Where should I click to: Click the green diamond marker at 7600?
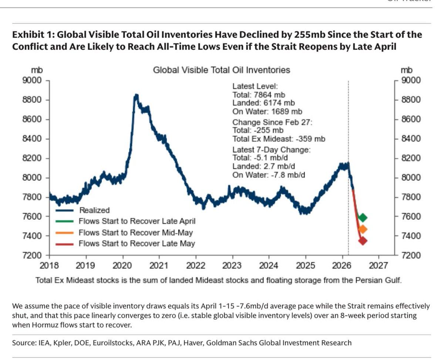coord(363,217)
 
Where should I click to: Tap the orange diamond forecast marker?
coord(363,230)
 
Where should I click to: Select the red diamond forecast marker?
coord(363,241)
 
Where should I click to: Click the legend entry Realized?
coord(94,210)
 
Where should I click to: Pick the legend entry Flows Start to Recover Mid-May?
coord(135,232)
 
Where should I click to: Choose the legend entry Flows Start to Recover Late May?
coord(137,244)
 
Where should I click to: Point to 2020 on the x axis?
coord(122,265)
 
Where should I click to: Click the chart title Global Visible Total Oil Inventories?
coord(221,70)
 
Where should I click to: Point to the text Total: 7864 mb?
coord(259,95)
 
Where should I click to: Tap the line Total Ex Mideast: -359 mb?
coord(279,139)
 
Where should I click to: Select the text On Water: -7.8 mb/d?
coord(269,175)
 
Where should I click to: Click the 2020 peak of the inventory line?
coord(136,96)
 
